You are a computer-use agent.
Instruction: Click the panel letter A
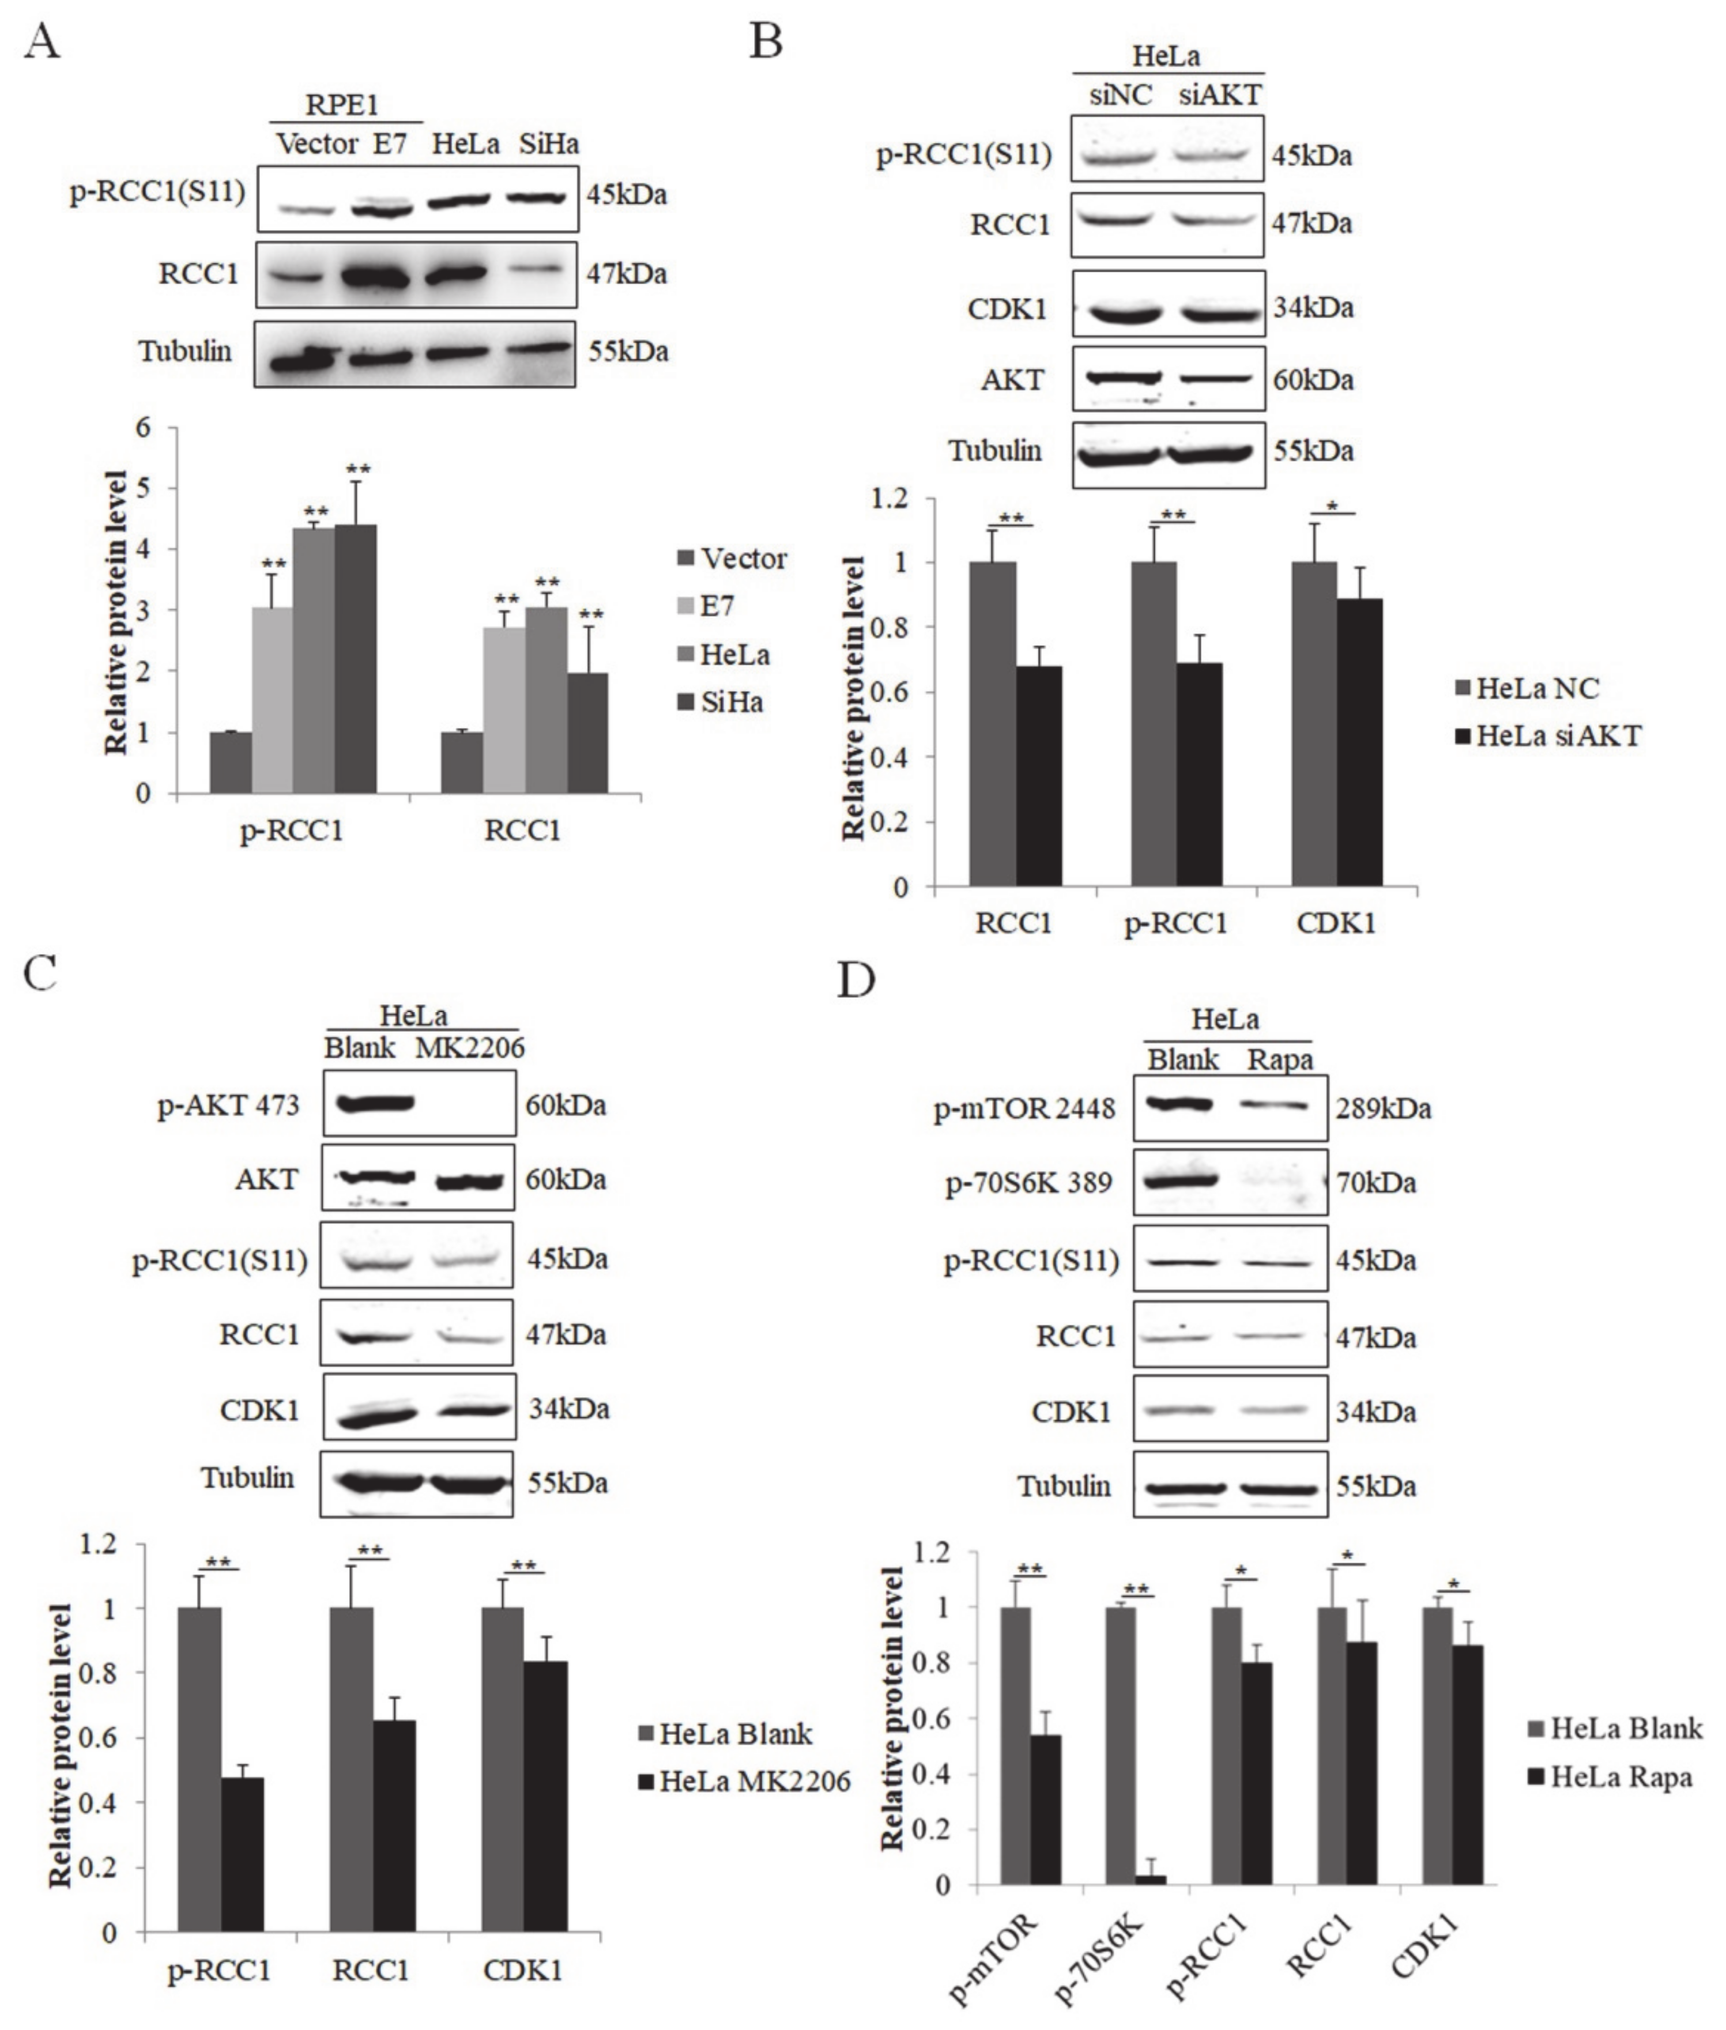41,41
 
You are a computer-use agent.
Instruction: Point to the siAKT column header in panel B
1220,96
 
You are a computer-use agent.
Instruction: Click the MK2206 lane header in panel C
470,1048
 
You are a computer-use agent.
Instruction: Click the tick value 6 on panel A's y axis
144,428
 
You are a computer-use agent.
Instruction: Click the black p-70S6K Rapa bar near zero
1150,1880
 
